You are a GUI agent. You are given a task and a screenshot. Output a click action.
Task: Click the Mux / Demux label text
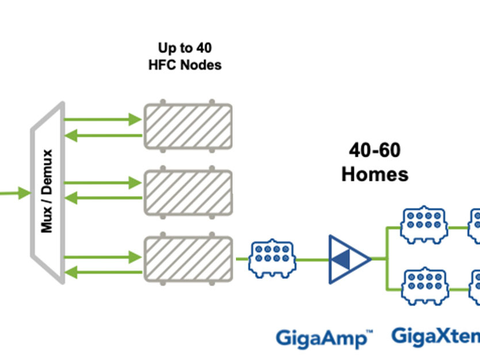click(x=47, y=191)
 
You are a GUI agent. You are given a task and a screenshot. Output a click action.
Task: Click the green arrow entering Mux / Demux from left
click(x=15, y=193)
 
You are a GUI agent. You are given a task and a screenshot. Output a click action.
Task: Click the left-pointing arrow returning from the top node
click(x=104, y=136)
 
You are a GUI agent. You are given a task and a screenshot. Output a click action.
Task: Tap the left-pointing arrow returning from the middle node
click(x=104, y=199)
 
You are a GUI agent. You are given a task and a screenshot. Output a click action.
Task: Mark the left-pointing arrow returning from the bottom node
click(x=104, y=271)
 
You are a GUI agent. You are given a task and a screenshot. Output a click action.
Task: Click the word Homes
click(x=375, y=173)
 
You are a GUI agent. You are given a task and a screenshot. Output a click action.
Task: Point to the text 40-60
click(x=375, y=150)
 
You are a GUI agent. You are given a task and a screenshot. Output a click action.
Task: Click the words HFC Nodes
click(x=184, y=65)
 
